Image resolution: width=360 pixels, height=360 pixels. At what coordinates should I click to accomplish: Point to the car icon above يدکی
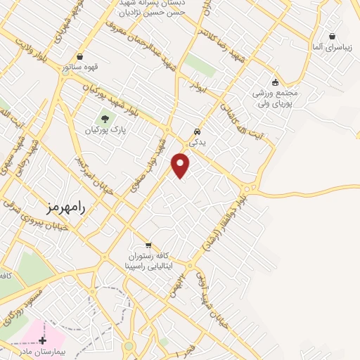click(197, 131)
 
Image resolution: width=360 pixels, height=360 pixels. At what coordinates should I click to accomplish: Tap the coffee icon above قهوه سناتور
click(80, 56)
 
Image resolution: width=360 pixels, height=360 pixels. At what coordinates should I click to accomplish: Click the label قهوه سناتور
click(80, 68)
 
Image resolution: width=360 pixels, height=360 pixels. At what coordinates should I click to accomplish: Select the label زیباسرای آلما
click(330, 48)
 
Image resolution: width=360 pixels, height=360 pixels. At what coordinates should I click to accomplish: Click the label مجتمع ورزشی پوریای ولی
click(276, 98)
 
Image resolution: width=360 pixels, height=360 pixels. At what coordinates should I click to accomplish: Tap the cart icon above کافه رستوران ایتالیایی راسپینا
click(148, 245)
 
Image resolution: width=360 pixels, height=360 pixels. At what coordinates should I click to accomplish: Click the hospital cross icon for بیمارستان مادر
click(43, 339)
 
